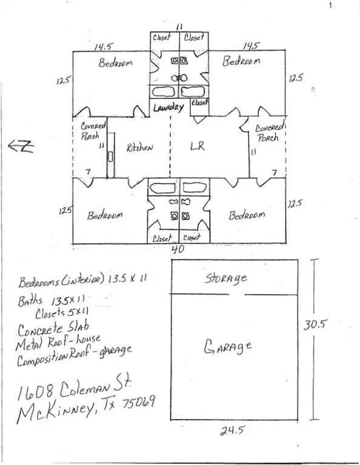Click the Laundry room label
tap(168, 108)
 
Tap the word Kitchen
tap(139, 147)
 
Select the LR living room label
tap(195, 147)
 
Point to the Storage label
tap(225, 279)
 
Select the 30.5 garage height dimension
tap(315, 324)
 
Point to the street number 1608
tap(36, 389)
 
